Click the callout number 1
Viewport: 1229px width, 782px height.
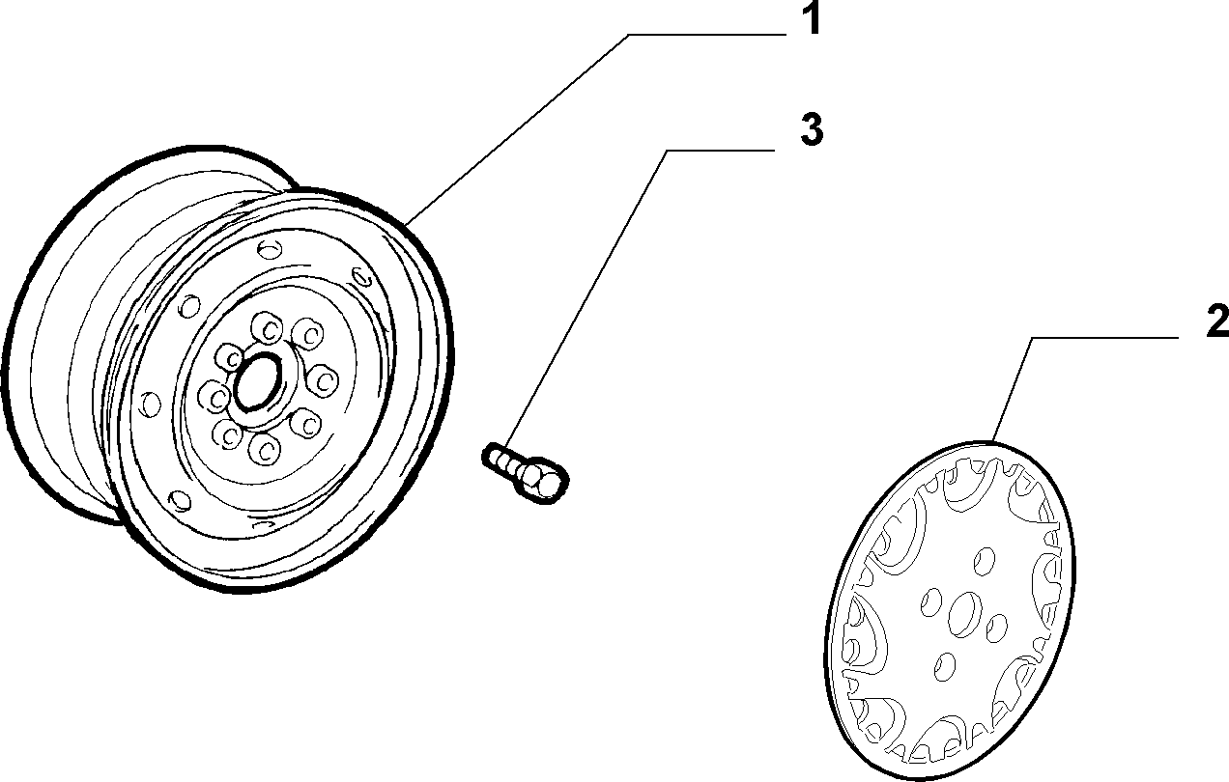pos(811,18)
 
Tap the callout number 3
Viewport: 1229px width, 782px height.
pos(812,130)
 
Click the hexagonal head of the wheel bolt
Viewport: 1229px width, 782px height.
pos(542,479)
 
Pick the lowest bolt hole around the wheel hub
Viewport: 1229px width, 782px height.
pos(265,449)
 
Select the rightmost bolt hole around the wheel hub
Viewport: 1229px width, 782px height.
pos(323,380)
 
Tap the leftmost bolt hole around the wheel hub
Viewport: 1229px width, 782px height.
pos(214,396)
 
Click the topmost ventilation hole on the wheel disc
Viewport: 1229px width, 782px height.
pos(270,249)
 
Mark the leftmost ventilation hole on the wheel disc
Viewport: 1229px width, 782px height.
pos(150,405)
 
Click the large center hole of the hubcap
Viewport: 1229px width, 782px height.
pos(965,614)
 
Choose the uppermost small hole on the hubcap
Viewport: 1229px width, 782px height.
pos(985,561)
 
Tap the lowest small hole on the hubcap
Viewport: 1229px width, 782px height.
pos(945,666)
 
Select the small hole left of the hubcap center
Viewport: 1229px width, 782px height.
pos(931,602)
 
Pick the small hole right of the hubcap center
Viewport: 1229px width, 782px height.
pos(997,628)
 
